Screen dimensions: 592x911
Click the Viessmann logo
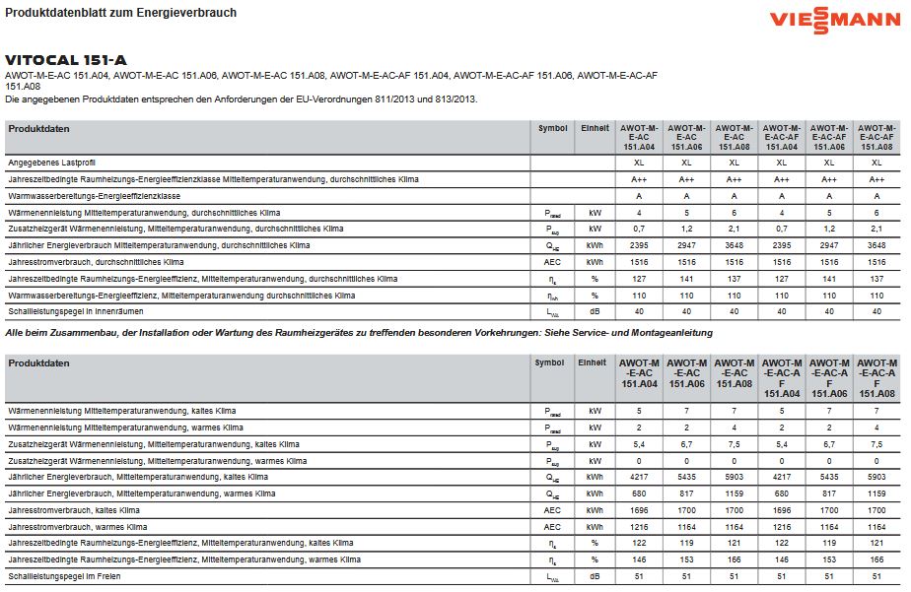(x=834, y=19)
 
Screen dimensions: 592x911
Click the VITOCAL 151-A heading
(x=66, y=59)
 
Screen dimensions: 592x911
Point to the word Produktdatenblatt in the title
(x=49, y=13)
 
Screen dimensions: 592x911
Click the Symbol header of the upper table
(x=552, y=128)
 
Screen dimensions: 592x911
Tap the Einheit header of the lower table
(x=594, y=362)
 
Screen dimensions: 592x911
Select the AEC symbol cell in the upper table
(x=552, y=262)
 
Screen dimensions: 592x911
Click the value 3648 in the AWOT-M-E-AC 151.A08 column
(x=734, y=245)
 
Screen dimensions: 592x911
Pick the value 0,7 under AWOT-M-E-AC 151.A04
(x=639, y=229)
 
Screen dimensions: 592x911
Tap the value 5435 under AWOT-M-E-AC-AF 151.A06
(x=829, y=476)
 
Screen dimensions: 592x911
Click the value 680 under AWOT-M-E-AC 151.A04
(x=639, y=493)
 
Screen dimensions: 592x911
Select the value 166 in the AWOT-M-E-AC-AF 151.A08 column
(x=876, y=559)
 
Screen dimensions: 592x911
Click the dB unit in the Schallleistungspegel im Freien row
(x=594, y=575)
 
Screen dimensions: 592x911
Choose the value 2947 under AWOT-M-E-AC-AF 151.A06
(x=829, y=245)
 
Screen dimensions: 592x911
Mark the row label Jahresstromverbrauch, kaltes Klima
(x=74, y=509)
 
